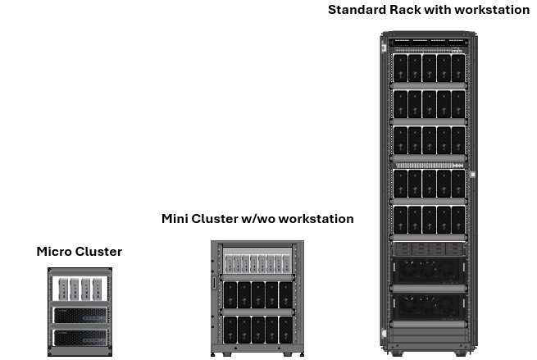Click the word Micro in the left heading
pyautogui.click(x=52, y=252)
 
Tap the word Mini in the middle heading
pyautogui.click(x=175, y=219)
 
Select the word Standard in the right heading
pyautogui.click(x=357, y=10)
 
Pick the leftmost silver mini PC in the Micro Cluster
pyautogui.click(x=64, y=289)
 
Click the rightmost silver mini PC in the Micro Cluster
pyautogui.click(x=98, y=289)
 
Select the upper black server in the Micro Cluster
pyautogui.click(x=80, y=316)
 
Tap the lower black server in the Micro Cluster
pyautogui.click(x=80, y=338)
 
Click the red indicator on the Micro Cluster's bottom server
pyautogui.click(x=105, y=340)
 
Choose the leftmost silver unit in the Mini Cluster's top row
pyautogui.click(x=229, y=264)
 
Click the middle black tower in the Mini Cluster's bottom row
pyautogui.click(x=258, y=330)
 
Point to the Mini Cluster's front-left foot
pyautogui.click(x=213, y=354)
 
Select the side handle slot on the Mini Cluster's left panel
pyautogui.click(x=214, y=283)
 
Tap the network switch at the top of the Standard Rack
pyautogui.click(x=429, y=43)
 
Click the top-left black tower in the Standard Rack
pyautogui.click(x=400, y=68)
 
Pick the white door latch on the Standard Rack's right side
pyautogui.click(x=472, y=175)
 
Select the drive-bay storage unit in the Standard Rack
pyautogui.click(x=429, y=249)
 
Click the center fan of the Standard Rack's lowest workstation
pyautogui.click(x=429, y=303)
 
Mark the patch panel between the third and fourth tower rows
pyautogui.click(x=429, y=166)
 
